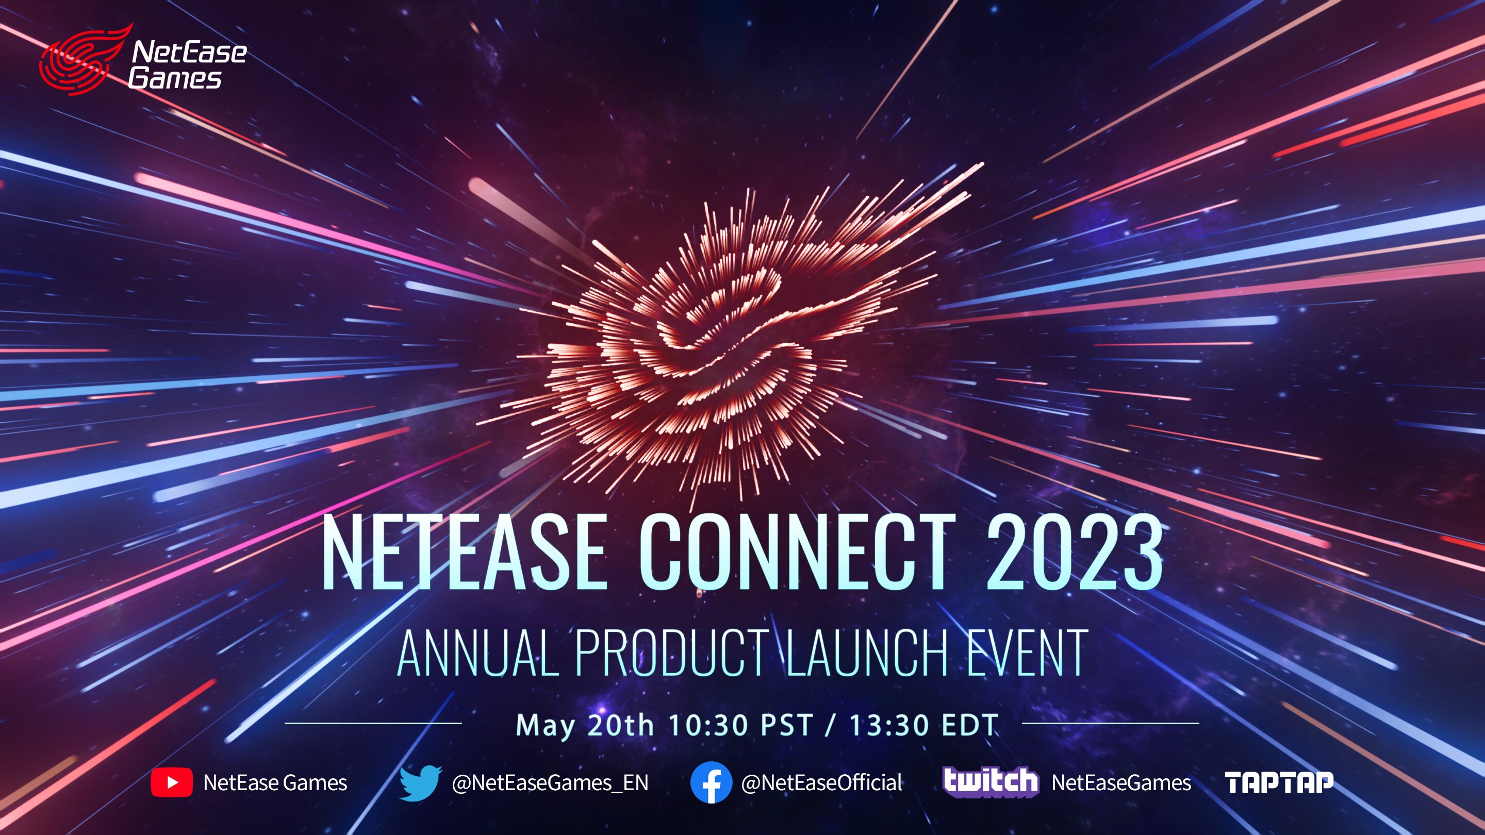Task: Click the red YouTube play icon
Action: [x=172, y=782]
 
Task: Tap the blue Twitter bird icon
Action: [x=421, y=783]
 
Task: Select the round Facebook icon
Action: [x=712, y=782]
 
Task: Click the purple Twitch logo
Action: [x=991, y=782]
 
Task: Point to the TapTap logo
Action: [x=1279, y=782]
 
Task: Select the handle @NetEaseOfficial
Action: [x=821, y=782]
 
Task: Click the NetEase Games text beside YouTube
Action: [x=275, y=782]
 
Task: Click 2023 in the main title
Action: [x=1074, y=552]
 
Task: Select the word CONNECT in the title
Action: [x=797, y=552]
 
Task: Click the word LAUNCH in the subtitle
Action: [x=867, y=653]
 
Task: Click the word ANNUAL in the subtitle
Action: [x=478, y=653]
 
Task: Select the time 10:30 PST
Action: [x=740, y=725]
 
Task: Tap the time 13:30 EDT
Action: [x=924, y=725]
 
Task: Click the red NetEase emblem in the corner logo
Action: [x=85, y=59]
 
